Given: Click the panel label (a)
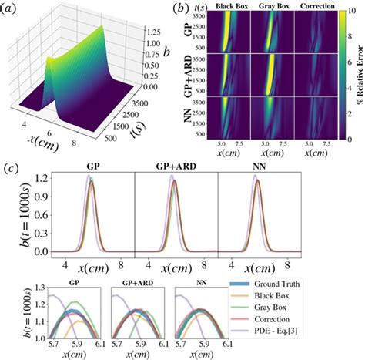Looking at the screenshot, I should pyautogui.click(x=17, y=8).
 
